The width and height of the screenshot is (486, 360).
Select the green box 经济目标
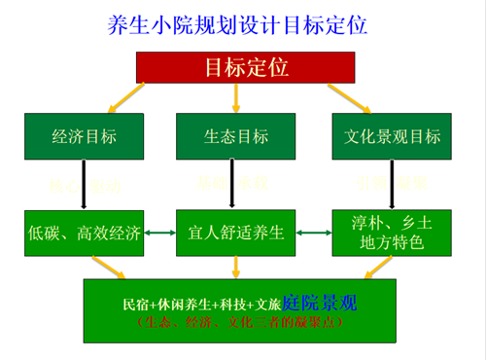point(86,136)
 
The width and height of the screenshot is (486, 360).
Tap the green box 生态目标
point(234,136)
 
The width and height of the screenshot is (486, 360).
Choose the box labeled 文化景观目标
point(391,136)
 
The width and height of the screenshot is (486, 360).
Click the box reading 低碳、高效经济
point(86,233)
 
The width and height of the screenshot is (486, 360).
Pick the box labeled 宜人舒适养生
point(234,233)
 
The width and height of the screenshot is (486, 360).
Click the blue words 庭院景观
point(321,304)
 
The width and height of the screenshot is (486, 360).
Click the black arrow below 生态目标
point(234,185)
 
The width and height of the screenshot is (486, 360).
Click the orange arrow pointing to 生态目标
point(234,98)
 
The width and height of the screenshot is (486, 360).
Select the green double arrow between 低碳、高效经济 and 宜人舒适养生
point(159,233)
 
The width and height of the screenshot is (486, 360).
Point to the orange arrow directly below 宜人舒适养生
point(234,268)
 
